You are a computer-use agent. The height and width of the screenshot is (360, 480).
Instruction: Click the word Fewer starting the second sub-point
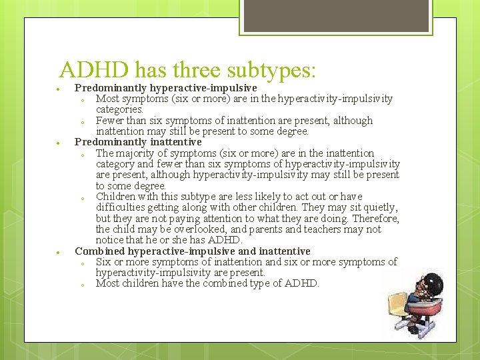point(111,121)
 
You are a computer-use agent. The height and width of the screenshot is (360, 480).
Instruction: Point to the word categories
point(119,109)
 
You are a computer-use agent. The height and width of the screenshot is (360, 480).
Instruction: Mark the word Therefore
point(376,219)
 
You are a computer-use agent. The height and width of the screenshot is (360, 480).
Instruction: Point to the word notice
point(110,240)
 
